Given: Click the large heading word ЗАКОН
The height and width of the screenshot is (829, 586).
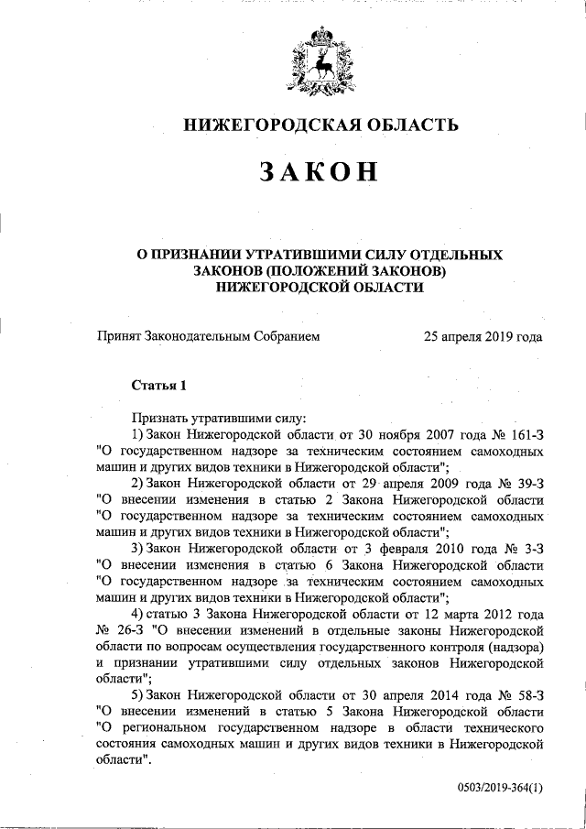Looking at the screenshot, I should (x=318, y=172).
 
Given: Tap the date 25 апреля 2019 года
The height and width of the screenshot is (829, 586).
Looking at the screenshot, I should (x=483, y=336).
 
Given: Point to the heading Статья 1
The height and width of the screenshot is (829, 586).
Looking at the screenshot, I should (x=159, y=385).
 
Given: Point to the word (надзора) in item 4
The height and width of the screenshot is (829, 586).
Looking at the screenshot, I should (x=514, y=647).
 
